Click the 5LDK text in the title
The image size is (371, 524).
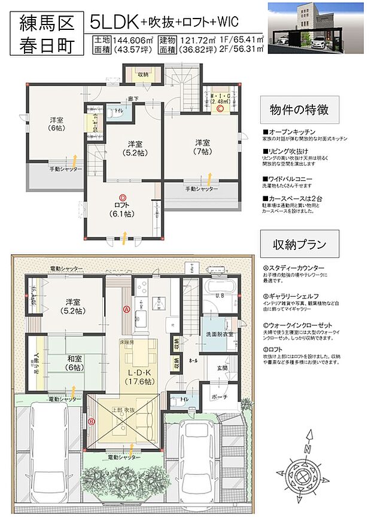click(114, 22)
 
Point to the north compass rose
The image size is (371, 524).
click(306, 473)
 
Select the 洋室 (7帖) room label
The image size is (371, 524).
click(201, 147)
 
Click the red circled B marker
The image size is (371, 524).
click(92, 421)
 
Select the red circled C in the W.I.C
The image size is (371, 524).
click(220, 109)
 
